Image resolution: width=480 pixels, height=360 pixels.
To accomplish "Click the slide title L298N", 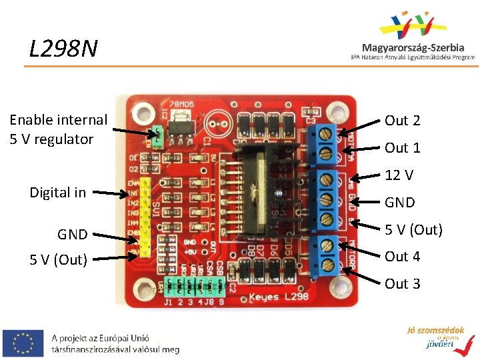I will (x=63, y=48).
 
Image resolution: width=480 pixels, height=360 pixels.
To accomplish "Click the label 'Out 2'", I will (x=403, y=121).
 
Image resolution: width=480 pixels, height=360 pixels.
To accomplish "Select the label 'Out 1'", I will (x=403, y=147).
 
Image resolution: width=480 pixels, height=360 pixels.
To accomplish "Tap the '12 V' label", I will (x=399, y=175).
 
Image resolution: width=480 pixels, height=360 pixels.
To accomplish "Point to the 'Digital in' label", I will (x=58, y=193).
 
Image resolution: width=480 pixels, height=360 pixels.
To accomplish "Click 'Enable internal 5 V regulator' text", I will (x=58, y=129).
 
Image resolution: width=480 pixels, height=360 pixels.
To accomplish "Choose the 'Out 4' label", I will (x=403, y=257).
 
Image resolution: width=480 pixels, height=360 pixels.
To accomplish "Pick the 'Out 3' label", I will (x=403, y=284).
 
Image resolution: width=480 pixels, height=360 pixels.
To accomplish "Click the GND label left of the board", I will (x=72, y=234).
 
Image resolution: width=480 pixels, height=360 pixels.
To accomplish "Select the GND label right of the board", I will (x=400, y=203).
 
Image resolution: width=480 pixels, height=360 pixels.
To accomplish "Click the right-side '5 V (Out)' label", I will (x=413, y=230).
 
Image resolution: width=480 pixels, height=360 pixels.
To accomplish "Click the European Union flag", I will (x=23, y=342).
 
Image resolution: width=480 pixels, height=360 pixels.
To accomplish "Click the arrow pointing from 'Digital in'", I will (x=111, y=194).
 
